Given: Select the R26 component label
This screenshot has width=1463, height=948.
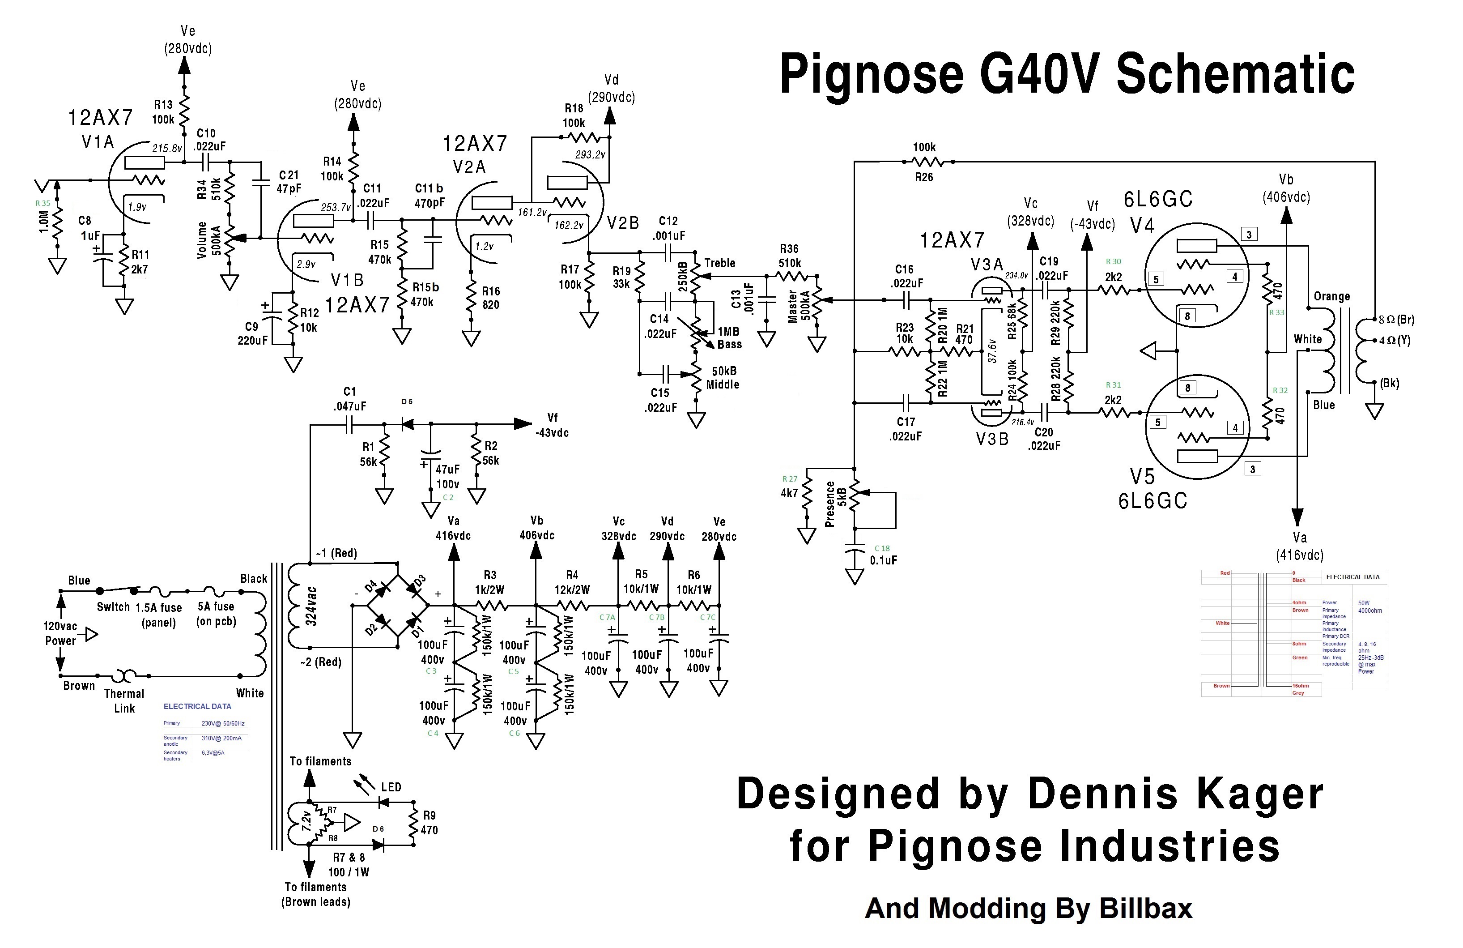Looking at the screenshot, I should pyautogui.click(x=923, y=178).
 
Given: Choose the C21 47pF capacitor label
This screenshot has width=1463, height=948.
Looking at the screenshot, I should pyautogui.click(x=288, y=182).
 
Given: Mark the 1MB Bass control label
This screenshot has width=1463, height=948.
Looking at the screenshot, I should pyautogui.click(x=729, y=338).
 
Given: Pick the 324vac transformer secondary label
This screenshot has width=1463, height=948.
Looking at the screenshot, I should pyautogui.click(x=312, y=606).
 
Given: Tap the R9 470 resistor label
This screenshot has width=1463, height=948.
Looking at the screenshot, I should pyautogui.click(x=429, y=823).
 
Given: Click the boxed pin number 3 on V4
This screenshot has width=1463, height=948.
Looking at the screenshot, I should pyautogui.click(x=1248, y=234).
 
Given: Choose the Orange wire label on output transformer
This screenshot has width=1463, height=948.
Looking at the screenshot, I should pyautogui.click(x=1331, y=296).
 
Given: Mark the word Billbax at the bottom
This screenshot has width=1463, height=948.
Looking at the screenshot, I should pyautogui.click(x=1145, y=909).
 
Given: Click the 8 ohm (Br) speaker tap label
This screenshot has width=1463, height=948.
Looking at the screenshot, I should pyautogui.click(x=1397, y=320).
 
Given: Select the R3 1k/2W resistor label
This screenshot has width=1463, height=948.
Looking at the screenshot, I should pyautogui.click(x=489, y=582).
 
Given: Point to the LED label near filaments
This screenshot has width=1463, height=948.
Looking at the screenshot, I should pyautogui.click(x=391, y=787).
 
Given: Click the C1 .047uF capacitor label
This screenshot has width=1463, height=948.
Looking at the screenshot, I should pyautogui.click(x=350, y=399).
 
